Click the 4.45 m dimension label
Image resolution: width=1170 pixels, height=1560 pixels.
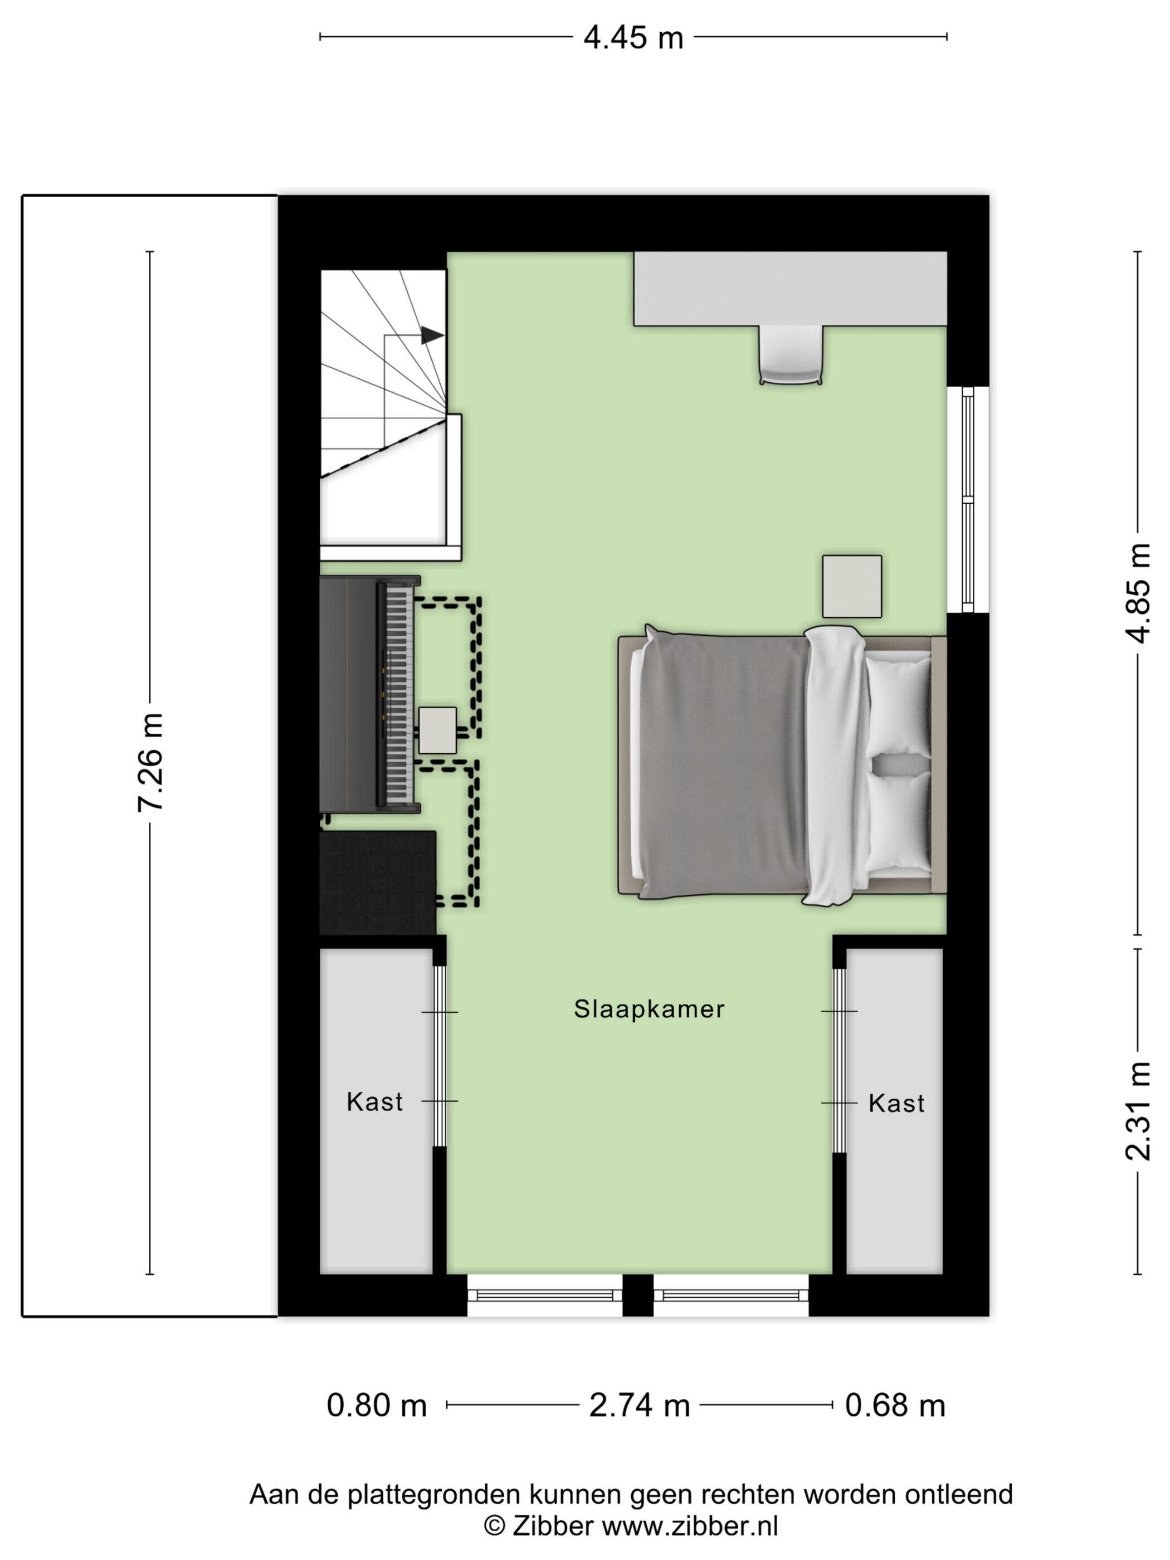[632, 37]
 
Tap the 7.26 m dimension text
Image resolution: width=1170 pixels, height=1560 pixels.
[151, 762]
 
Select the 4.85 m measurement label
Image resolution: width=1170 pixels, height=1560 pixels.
[1138, 593]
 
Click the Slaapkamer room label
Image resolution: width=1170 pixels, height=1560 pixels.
[649, 1009]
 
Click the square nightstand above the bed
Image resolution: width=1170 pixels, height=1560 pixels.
[851, 586]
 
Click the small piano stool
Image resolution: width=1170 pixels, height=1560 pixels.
[437, 730]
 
